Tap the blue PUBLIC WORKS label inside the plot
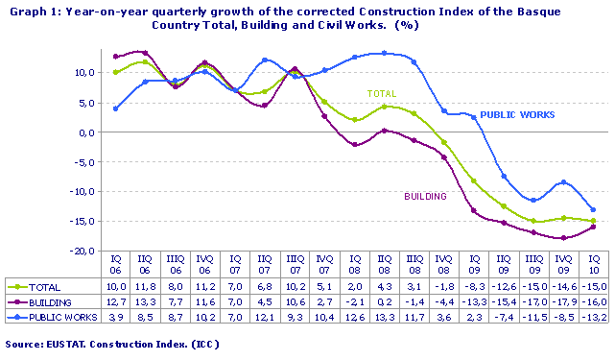tap(517, 114)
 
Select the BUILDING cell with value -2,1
tap(355, 300)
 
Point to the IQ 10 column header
tap(595, 265)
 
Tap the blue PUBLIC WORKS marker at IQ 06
tap(116, 108)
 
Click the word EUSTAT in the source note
tap(68, 343)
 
